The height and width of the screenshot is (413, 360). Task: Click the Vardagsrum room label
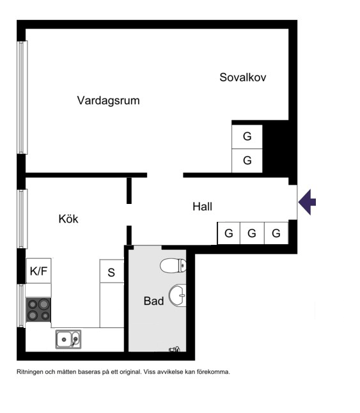click(108, 100)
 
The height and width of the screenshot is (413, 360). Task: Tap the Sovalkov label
click(243, 77)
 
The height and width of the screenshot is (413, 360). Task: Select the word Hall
click(202, 207)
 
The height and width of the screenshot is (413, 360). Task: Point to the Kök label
click(68, 219)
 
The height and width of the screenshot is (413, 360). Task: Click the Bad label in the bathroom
click(154, 300)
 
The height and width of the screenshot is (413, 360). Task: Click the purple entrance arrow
click(307, 202)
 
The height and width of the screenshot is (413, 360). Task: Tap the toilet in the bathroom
click(173, 265)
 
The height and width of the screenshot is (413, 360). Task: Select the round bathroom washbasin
click(177, 295)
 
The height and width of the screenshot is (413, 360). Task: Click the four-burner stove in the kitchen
click(38, 309)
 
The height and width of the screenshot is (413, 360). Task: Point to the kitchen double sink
click(68, 339)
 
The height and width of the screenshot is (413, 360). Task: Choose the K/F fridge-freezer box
click(39, 271)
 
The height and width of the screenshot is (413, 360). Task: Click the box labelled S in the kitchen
click(112, 271)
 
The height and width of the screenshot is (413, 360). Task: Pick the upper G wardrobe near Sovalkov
click(247, 137)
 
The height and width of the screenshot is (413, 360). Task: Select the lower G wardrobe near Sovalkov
click(247, 160)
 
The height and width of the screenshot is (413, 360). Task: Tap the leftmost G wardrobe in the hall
click(228, 233)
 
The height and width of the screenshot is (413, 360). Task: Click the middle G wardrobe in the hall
click(252, 233)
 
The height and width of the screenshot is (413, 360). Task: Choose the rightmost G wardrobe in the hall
click(276, 233)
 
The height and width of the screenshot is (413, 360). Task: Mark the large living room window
click(22, 97)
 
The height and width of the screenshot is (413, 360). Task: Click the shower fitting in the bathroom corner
click(175, 349)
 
